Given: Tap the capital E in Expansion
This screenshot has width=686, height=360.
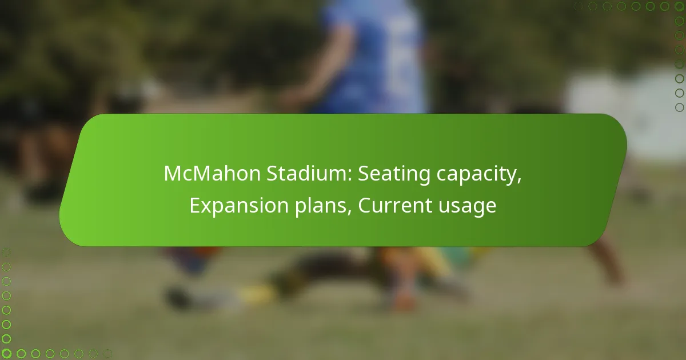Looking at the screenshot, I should [x=195, y=206].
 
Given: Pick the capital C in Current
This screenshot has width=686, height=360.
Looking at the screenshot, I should [x=365, y=206].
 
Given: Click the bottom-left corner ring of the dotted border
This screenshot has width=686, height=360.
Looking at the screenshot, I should [x=7, y=354].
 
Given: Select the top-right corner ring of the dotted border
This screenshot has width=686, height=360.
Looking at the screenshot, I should [x=679, y=6].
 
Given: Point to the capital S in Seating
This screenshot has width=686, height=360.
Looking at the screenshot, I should [x=364, y=174].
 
